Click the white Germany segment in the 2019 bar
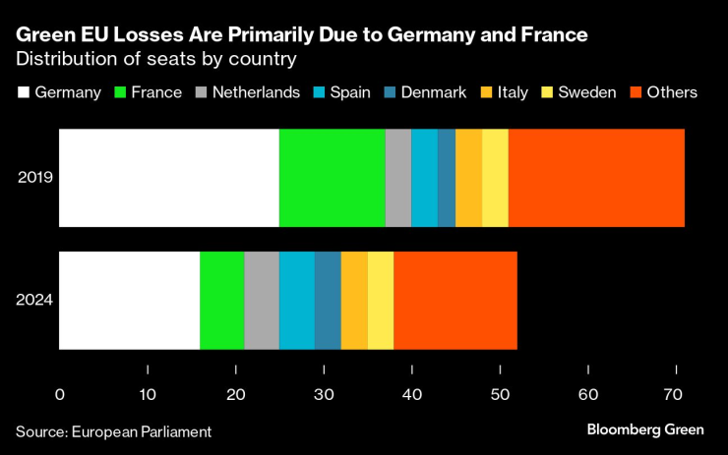point(169,178)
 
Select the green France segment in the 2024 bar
point(221,300)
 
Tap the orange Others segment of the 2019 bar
point(596,178)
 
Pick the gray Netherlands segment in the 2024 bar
point(262,300)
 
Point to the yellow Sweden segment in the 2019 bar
point(495,178)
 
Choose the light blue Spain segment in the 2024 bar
point(297,300)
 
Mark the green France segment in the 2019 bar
point(333,178)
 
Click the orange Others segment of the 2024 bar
point(455,300)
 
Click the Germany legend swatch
point(24,92)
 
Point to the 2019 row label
point(34,178)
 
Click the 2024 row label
point(34,300)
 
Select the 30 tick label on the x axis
point(324,395)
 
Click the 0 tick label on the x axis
point(60,395)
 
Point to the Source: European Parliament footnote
point(113,431)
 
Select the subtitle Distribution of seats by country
point(156,59)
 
